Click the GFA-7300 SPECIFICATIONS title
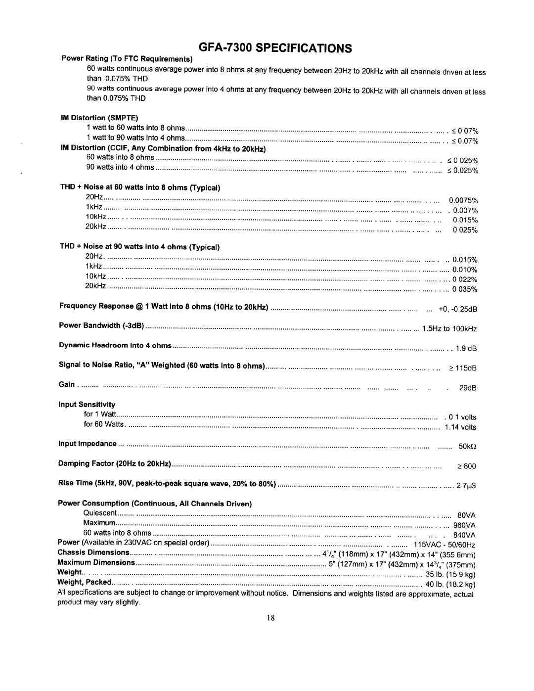point(268,48)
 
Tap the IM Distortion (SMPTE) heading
point(100,118)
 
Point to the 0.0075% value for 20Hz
point(463,201)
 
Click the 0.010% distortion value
point(465,270)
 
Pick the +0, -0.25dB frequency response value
point(457,310)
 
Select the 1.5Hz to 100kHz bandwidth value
point(449,329)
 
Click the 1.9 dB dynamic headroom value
point(466,349)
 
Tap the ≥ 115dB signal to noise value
point(462,369)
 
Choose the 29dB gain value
point(467,388)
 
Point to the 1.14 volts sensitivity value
point(460,427)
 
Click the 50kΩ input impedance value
point(467,447)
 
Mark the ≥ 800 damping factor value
point(466,466)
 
